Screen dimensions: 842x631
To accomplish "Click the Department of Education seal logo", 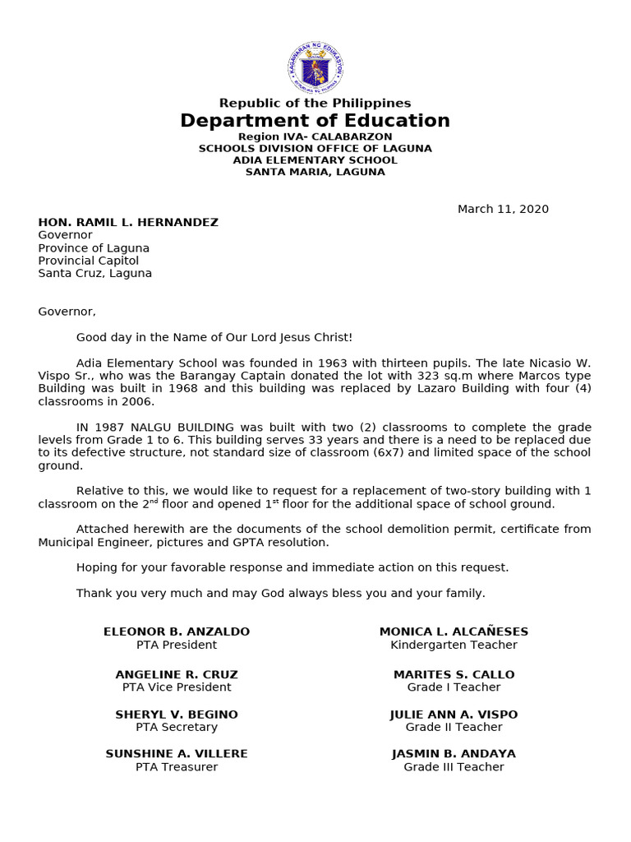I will [315, 67].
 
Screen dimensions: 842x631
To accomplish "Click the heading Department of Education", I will [315, 121].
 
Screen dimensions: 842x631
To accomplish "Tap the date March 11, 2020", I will [503, 209].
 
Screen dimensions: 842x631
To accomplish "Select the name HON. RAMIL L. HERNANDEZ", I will [128, 222].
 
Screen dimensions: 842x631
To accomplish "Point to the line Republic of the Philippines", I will [315, 103].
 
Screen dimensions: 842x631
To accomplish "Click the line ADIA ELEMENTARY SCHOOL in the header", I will [315, 160].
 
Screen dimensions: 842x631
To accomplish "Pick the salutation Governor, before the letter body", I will [67, 312].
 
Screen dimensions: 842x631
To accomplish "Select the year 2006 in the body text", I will [138, 401].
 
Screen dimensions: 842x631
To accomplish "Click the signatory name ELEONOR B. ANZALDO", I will [177, 631].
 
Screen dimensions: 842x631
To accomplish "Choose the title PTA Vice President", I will [177, 687].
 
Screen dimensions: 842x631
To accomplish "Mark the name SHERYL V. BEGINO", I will [177, 715].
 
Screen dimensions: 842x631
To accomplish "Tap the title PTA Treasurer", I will [177, 767].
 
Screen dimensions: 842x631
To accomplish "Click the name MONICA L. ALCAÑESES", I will [454, 631].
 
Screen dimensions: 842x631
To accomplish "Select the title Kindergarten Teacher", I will [454, 645].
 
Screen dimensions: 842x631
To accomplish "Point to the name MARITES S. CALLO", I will [454, 674].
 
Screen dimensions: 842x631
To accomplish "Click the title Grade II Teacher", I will [454, 728].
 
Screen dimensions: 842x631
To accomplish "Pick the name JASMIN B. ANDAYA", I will [454, 754].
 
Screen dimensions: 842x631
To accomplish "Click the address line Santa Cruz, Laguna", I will [94, 274].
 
